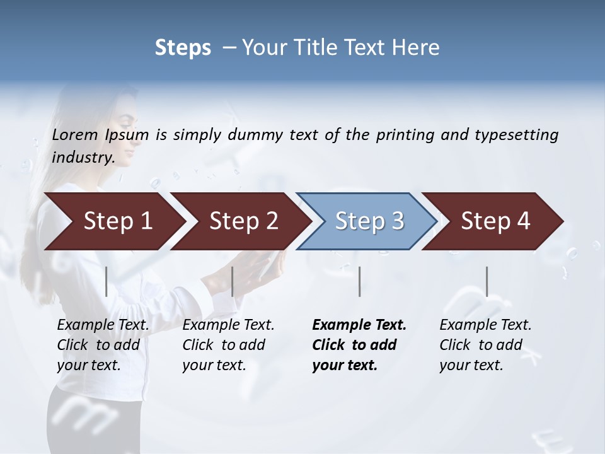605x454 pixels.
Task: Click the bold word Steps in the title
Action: tap(183, 48)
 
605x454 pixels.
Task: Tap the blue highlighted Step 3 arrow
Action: tap(369, 221)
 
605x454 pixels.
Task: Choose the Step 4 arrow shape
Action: tap(495, 221)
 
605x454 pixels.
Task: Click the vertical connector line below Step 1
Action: tap(107, 281)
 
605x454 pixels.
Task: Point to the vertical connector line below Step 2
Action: tap(233, 281)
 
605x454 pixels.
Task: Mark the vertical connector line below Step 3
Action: tap(359, 281)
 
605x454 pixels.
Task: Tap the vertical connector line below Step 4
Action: tap(487, 281)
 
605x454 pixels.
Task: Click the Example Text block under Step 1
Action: tap(103, 345)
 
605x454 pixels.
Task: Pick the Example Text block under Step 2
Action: tap(228, 345)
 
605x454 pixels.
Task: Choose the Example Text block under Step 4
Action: tap(485, 345)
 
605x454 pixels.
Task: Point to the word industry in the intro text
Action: tap(83, 158)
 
